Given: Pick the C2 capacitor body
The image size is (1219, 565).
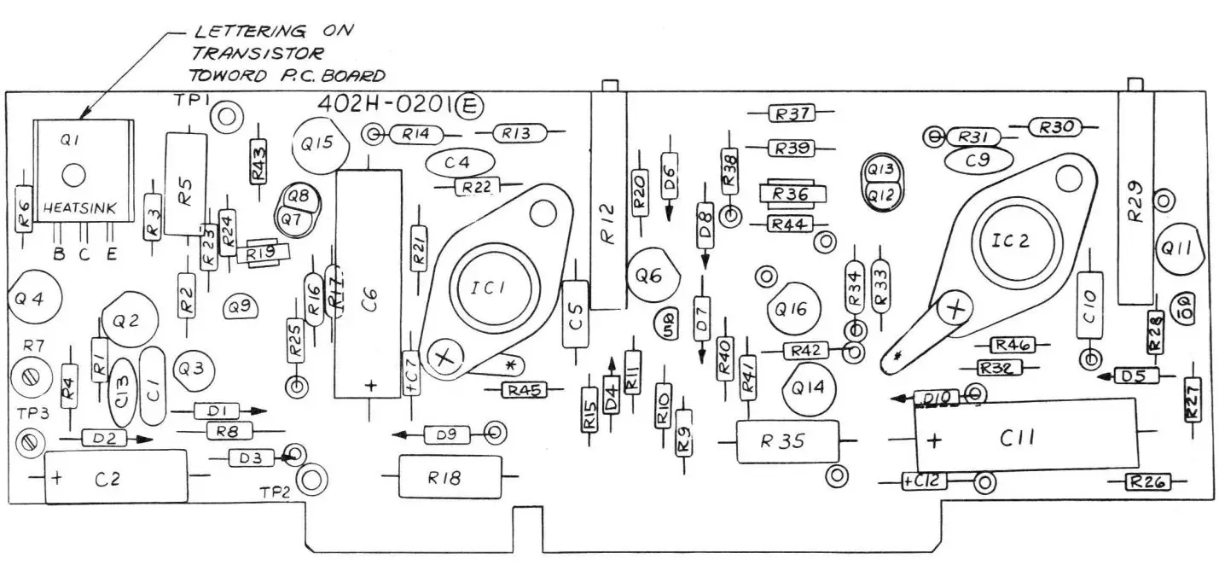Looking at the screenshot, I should pos(115,477).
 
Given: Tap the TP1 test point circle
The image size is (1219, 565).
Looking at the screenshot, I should pos(226,116).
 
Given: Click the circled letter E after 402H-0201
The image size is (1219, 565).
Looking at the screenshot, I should pos(470,105).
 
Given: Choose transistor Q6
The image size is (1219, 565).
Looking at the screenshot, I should pos(653,276).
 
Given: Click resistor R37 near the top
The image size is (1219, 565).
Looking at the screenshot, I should pos(792,113).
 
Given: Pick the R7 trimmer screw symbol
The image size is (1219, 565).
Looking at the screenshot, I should pos(30,375).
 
